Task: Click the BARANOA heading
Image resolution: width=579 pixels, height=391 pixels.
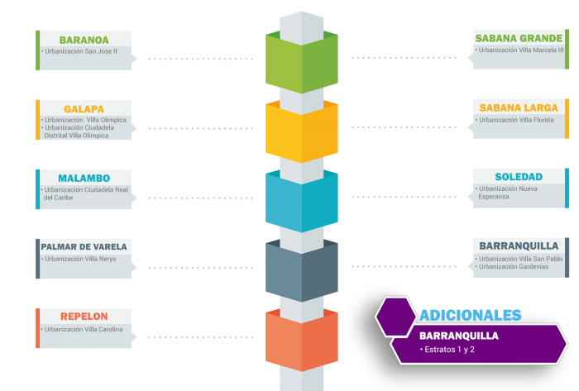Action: click(84, 40)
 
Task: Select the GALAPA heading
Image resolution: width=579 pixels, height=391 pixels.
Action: click(84, 109)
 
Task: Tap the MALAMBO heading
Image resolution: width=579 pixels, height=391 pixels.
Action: click(84, 179)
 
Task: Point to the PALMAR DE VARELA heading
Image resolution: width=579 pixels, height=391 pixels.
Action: click(84, 247)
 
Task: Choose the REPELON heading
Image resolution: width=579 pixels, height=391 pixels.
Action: click(84, 317)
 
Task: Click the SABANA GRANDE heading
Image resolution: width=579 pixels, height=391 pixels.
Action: click(519, 38)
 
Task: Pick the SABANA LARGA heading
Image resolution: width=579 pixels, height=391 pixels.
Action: click(519, 107)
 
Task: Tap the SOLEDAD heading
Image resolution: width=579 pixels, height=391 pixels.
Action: click(519, 177)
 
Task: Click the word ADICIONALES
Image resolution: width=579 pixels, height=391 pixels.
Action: click(470, 316)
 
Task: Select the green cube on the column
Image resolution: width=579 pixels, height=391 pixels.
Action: click(302, 62)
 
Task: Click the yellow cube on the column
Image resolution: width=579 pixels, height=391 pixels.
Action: click(302, 131)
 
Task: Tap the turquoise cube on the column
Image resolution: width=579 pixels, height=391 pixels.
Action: click(302, 201)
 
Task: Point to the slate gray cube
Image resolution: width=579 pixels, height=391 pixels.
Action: click(302, 270)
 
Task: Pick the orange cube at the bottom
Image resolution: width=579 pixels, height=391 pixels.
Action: click(302, 340)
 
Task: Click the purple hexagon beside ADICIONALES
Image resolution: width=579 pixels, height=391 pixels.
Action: click(396, 317)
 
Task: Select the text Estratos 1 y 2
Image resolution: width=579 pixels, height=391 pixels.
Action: click(449, 350)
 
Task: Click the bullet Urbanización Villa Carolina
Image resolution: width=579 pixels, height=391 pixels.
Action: click(82, 329)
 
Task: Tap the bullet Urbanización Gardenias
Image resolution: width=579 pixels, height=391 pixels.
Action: click(512, 267)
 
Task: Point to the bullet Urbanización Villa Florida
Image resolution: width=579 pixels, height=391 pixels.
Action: click(514, 120)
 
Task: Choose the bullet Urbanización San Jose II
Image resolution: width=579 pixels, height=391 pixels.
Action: click(79, 51)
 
